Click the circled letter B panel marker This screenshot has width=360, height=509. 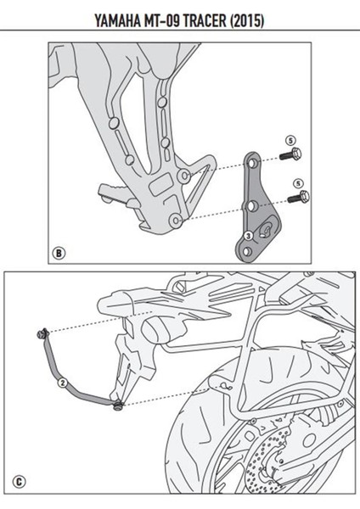point(58,252)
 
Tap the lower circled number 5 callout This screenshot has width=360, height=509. point(297,182)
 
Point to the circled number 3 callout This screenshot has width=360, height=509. point(247,235)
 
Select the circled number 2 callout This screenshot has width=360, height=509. point(62,383)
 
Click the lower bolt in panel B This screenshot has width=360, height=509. point(297,199)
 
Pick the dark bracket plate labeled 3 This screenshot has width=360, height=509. point(252,208)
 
